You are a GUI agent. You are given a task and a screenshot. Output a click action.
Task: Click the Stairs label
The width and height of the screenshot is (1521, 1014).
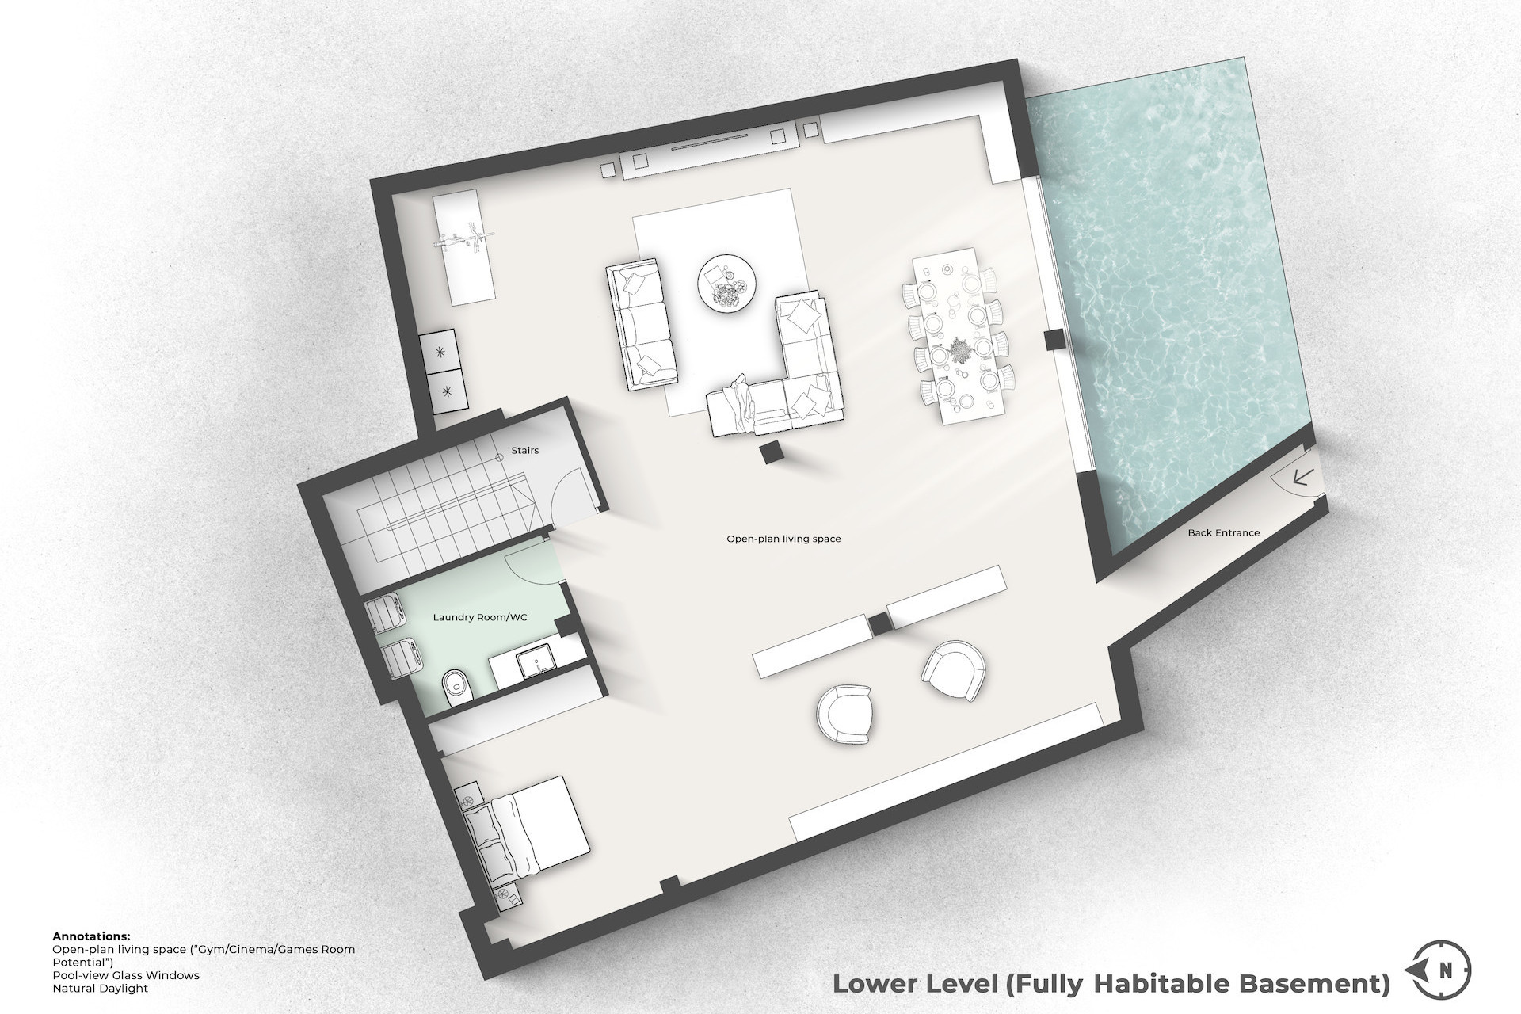pyautogui.click(x=524, y=451)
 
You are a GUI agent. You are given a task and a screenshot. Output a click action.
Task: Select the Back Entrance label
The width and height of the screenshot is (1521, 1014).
pyautogui.click(x=1223, y=533)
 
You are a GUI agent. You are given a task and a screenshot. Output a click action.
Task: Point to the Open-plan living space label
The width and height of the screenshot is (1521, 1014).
pyautogui.click(x=783, y=539)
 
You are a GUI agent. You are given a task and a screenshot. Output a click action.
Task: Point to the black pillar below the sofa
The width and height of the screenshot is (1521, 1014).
pyautogui.click(x=769, y=454)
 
